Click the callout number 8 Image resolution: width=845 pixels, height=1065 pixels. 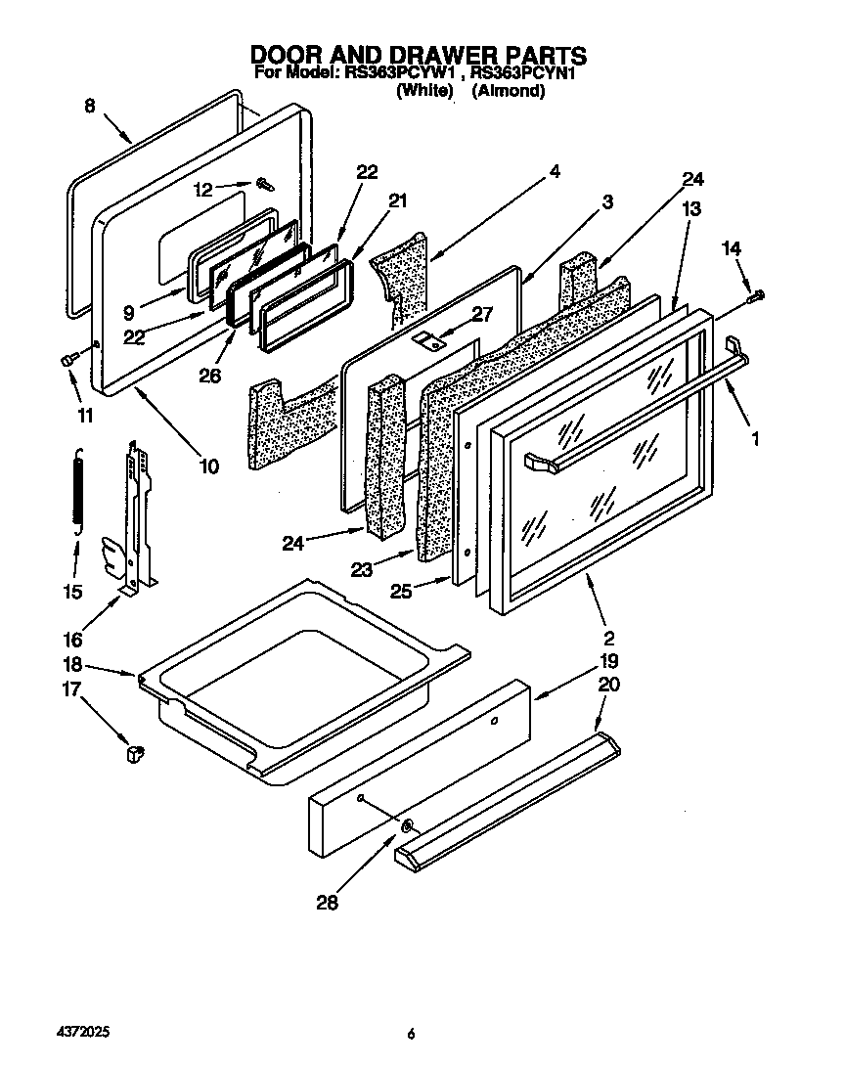coord(90,108)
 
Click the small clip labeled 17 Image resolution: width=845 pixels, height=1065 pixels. coord(134,753)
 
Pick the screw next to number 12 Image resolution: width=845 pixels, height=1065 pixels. coord(264,182)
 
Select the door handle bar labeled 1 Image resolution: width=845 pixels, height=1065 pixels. coord(636,401)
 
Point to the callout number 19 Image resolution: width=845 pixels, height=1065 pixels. coord(608,661)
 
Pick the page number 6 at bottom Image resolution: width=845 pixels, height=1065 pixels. coord(413,1034)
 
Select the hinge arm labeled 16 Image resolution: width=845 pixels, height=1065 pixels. coord(137,518)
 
